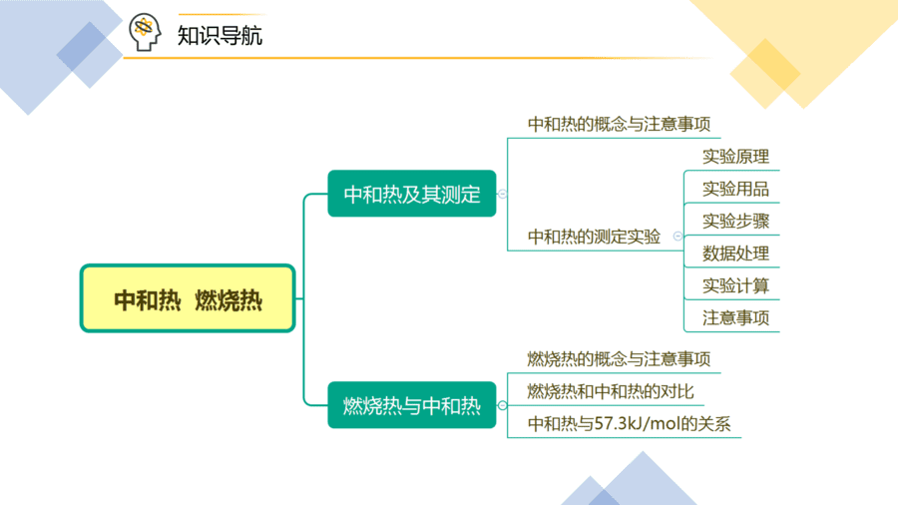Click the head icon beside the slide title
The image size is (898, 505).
(145, 32)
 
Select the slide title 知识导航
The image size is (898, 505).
(220, 36)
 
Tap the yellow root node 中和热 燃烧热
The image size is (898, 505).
(188, 298)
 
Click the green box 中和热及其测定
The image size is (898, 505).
(412, 194)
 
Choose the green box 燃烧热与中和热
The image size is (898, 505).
(412, 405)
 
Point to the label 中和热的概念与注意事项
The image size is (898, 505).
(619, 124)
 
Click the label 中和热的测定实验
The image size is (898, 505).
(594, 237)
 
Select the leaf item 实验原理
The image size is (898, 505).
(735, 157)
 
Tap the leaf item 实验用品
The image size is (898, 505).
(735, 189)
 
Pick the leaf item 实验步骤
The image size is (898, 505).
(735, 221)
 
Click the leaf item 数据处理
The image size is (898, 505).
(735, 253)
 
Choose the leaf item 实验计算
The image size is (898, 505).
(735, 285)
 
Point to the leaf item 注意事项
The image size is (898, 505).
(735, 317)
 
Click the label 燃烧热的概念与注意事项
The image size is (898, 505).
(619, 359)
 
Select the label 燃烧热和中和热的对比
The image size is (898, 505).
(611, 391)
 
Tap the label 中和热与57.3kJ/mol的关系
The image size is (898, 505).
(629, 424)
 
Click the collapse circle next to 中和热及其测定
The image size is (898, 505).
(502, 194)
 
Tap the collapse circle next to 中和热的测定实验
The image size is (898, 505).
(677, 236)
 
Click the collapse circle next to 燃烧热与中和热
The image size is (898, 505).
(502, 405)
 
